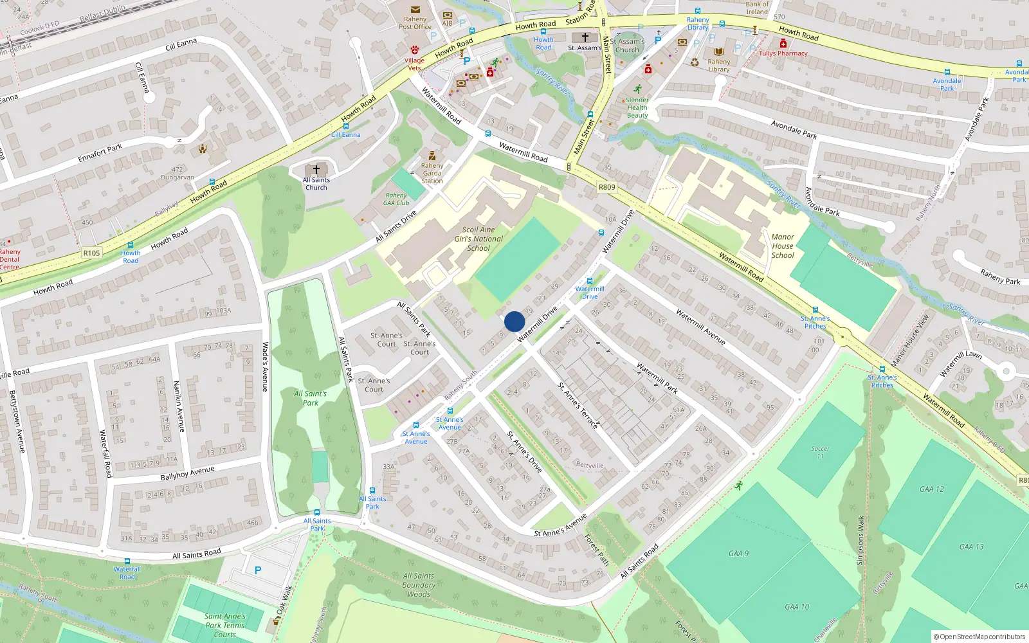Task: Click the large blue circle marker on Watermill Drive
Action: [514, 321]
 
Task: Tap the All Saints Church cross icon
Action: [316, 170]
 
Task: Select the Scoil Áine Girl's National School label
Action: [478, 239]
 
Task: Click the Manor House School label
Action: [783, 246]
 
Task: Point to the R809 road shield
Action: [606, 187]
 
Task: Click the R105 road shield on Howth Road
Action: [91, 253]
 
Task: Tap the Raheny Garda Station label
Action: [432, 173]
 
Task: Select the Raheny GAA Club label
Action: [396, 199]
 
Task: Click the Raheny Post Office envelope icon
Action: [415, 10]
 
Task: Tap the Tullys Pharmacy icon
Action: [783, 44]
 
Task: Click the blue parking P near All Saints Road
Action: [258, 570]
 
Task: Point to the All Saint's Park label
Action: [310, 398]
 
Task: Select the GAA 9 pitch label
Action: [738, 553]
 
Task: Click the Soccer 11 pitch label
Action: [820, 452]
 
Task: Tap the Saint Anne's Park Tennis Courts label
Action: [225, 625]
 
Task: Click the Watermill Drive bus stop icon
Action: [589, 281]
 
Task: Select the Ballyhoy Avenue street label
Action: [187, 474]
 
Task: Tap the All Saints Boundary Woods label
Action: [419, 585]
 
